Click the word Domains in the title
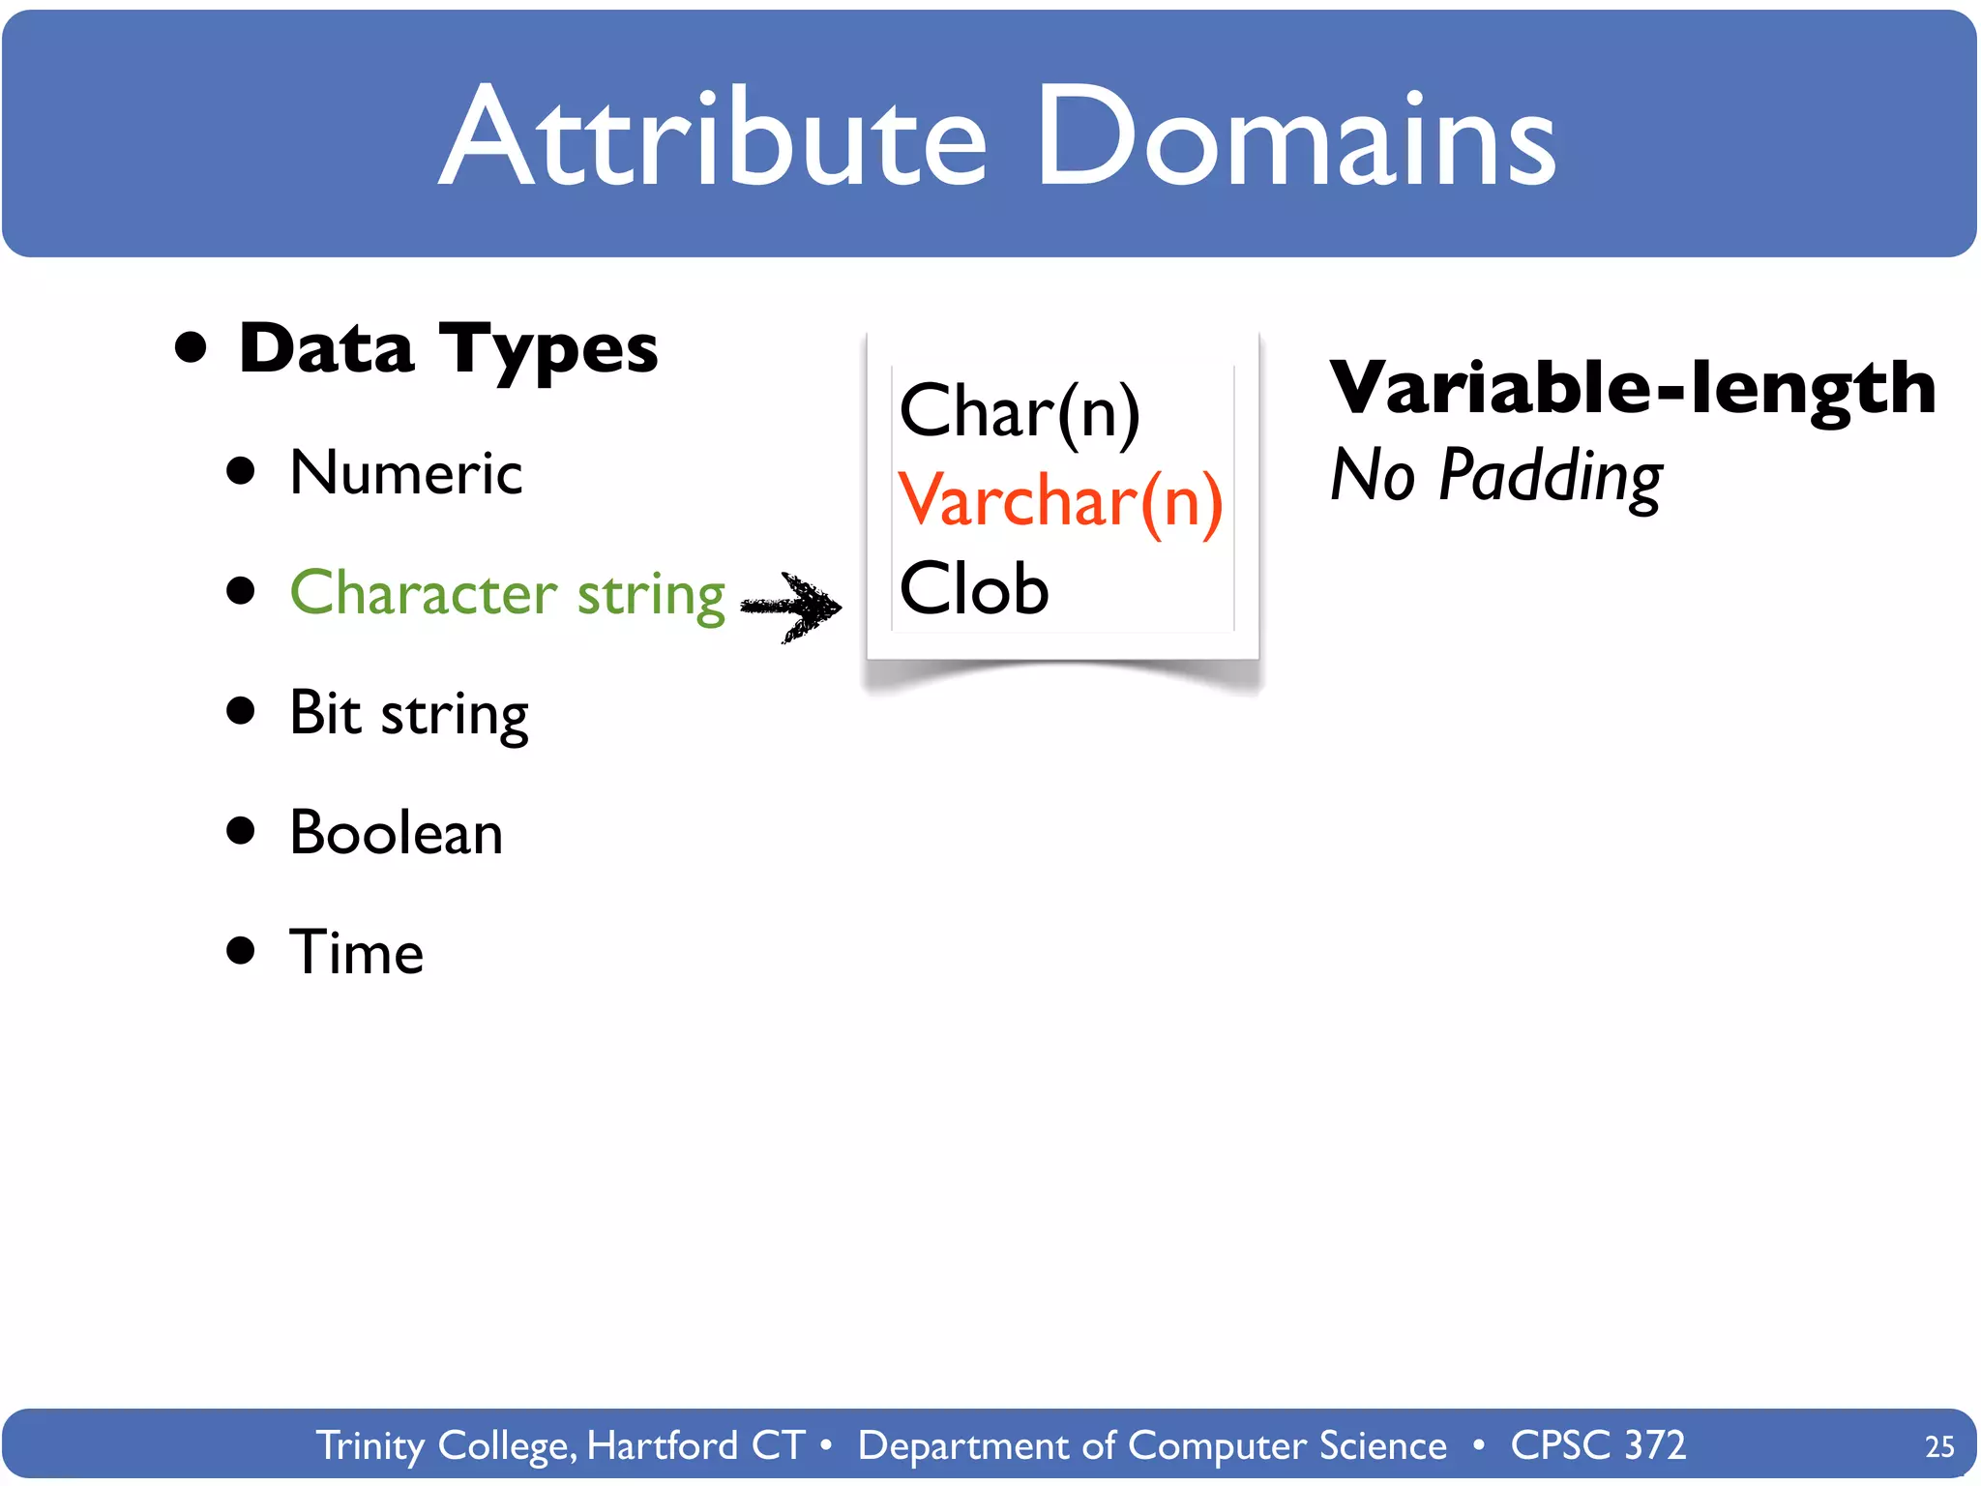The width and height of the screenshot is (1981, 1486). click(1296, 137)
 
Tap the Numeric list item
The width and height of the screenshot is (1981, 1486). click(406, 474)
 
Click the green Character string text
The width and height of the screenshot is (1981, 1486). click(507, 593)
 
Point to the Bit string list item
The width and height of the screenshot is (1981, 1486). click(409, 714)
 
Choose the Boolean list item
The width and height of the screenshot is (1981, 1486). click(397, 833)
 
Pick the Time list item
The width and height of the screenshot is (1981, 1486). click(357, 953)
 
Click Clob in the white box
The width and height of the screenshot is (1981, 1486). click(974, 589)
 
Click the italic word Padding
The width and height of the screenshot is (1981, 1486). click(1551, 476)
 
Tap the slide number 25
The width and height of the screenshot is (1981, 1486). click(1939, 1446)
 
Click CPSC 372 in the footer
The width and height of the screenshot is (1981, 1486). click(1598, 1445)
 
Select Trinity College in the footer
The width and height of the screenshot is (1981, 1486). click(447, 1445)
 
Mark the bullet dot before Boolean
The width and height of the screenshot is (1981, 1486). click(240, 831)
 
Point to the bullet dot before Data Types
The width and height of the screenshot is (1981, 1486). click(192, 347)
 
